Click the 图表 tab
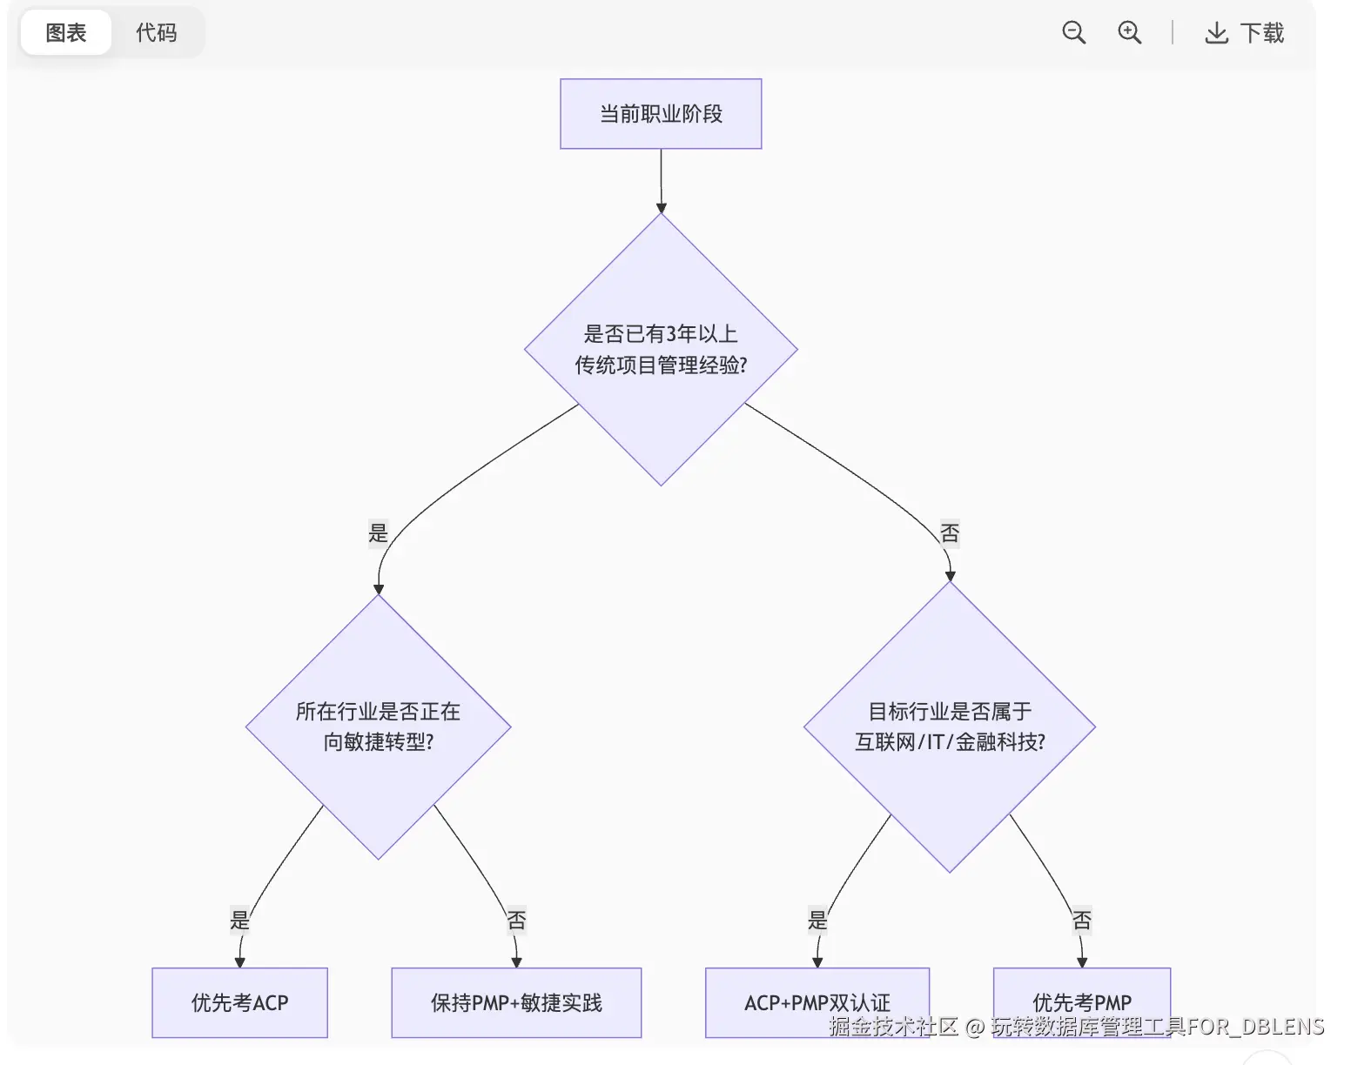66,33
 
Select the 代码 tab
157,33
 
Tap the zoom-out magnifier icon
1073,33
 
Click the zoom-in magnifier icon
1129,33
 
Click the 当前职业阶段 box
661,114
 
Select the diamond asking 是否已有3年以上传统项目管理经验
661,350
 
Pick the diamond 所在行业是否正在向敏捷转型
378,727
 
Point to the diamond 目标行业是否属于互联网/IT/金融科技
949,727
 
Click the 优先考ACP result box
239,1003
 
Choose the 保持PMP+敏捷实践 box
516,1003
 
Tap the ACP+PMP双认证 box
817,1003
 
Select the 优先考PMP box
1082,1003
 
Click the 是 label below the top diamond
378,532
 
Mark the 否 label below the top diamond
949,532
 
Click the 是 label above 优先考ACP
239,921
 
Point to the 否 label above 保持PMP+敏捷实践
516,921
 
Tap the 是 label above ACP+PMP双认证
817,921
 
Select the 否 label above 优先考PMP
1082,921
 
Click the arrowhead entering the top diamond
661,208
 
